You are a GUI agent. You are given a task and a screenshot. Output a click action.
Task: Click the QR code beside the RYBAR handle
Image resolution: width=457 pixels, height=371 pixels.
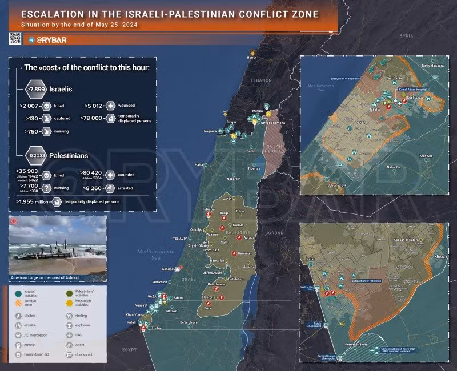pyautogui.click(x=15, y=39)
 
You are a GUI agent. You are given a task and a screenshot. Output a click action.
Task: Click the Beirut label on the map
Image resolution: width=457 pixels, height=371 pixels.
pyautogui.click(x=252, y=58)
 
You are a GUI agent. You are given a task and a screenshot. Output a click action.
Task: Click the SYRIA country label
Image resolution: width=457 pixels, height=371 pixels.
pyautogui.click(x=406, y=36)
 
